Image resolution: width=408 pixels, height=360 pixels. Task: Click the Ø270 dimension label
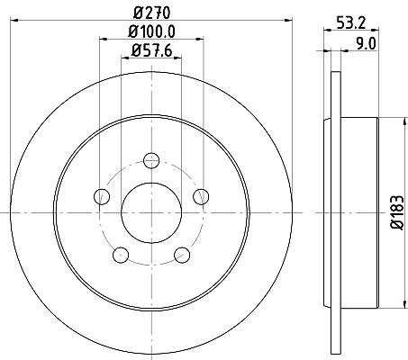152,13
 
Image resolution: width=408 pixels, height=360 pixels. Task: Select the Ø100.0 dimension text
151,31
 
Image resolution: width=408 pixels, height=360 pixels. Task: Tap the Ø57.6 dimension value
151,50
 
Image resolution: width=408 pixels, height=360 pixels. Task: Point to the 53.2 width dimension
351,23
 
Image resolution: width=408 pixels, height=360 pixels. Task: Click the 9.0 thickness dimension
366,44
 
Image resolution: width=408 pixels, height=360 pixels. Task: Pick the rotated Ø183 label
397,212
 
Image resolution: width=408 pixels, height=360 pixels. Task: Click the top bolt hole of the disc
151,160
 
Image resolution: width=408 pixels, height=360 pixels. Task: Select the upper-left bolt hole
102,197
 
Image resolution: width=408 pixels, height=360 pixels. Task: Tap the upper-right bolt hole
201,197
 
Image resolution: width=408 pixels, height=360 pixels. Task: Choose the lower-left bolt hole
121,255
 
